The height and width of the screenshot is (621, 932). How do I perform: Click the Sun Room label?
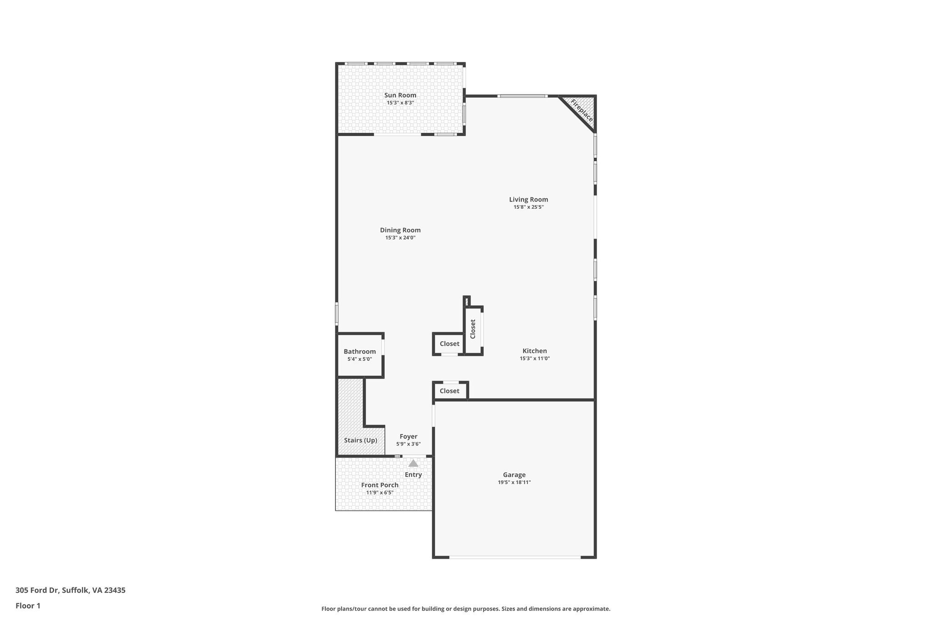point(400,95)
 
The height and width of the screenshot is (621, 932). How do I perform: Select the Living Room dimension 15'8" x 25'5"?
point(528,207)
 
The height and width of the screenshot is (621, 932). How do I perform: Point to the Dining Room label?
point(400,230)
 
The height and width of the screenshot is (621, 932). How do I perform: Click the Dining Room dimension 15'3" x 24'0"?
point(400,237)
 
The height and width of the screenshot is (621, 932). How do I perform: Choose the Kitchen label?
point(534,351)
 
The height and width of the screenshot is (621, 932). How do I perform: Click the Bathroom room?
point(360,355)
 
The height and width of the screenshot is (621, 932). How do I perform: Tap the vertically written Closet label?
point(473,329)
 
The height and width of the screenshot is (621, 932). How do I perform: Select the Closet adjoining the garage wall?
point(450,391)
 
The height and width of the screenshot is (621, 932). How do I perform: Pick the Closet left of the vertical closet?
point(450,343)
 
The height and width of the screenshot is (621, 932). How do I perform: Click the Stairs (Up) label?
point(360,440)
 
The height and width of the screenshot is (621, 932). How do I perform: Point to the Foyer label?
point(408,436)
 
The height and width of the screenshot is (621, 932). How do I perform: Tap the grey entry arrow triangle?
point(413,464)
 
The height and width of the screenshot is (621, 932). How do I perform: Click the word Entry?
point(413,475)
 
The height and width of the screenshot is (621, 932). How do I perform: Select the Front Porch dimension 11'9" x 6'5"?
point(380,492)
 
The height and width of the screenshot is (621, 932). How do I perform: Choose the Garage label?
point(514,475)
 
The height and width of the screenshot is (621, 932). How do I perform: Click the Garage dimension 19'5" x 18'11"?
point(514,482)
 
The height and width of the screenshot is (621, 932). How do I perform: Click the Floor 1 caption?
point(28,606)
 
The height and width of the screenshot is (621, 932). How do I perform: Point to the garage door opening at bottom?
point(515,557)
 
